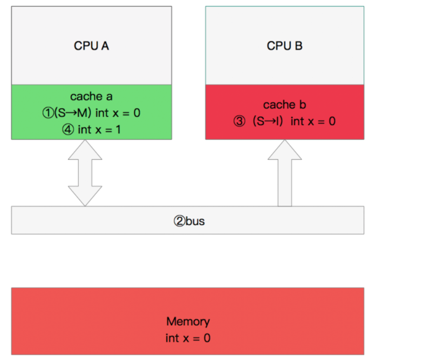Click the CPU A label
pos(92,46)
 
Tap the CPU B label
pos(285,46)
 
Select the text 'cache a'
pos(92,96)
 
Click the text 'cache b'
pos(285,104)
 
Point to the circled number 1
pos(47,113)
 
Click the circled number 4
pos(69,129)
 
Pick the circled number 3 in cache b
pos(240,121)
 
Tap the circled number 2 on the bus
pos(179,221)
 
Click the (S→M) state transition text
pos(72,113)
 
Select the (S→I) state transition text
pos(268,121)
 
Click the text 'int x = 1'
pos(99,129)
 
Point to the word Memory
pos(188,321)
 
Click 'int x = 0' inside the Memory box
pos(188,337)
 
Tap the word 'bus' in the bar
pos(195,221)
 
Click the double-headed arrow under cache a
pos(85,173)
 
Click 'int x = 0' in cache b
pos(313,121)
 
